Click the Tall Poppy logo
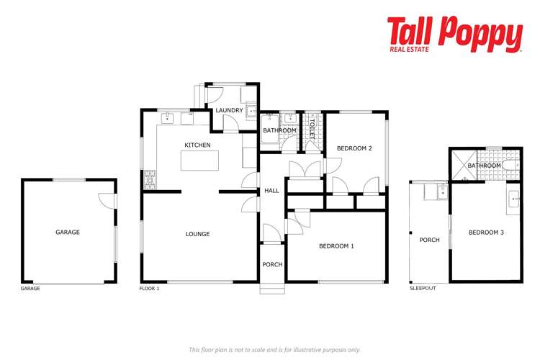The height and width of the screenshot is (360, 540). coord(454,34)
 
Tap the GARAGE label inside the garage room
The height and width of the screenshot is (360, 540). coord(68,232)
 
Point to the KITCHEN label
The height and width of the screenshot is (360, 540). coord(197,145)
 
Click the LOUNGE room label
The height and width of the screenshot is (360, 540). coord(197,234)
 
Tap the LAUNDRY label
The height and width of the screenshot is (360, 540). coord(230,110)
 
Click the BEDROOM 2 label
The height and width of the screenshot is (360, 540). coord(354,148)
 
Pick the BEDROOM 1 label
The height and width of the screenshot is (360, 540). coord(336,246)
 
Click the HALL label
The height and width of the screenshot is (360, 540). coord(271,191)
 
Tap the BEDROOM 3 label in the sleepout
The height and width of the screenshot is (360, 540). coord(486,232)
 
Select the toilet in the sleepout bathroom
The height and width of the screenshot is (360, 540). coord(510,166)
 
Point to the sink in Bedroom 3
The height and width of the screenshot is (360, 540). coord(514,198)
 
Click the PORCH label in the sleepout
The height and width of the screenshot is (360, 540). coord(429,240)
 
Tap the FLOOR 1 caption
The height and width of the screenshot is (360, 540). coord(149,288)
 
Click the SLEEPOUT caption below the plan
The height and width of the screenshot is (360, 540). coord(422,288)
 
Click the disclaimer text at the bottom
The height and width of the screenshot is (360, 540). coord(274,350)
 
